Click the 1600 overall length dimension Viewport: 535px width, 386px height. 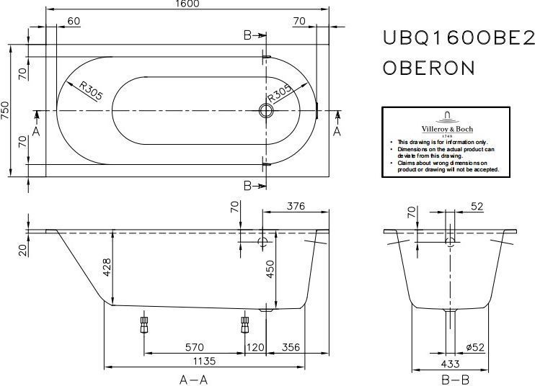click(x=188, y=4)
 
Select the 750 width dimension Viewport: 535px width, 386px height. click(x=6, y=110)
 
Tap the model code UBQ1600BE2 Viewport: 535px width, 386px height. click(x=459, y=37)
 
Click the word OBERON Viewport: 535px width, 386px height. click(x=428, y=68)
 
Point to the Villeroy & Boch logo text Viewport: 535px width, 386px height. click(x=447, y=129)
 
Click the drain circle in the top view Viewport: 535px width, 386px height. click(x=266, y=110)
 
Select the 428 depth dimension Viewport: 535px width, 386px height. click(x=107, y=267)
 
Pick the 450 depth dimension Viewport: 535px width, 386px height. click(x=270, y=269)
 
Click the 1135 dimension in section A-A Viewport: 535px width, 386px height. click(x=204, y=361)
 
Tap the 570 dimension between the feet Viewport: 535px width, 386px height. click(x=195, y=347)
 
